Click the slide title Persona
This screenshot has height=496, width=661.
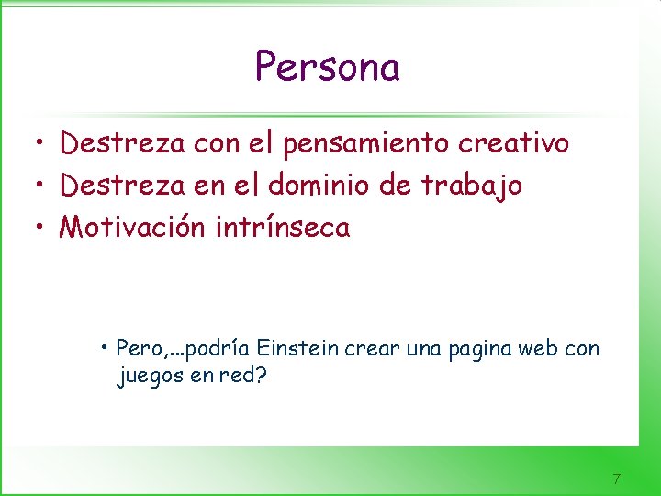pos(327,67)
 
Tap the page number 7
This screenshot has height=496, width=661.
pos(616,479)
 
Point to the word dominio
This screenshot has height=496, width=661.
pos(328,186)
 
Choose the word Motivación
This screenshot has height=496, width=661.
pos(132,227)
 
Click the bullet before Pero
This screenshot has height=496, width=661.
pos(107,347)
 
